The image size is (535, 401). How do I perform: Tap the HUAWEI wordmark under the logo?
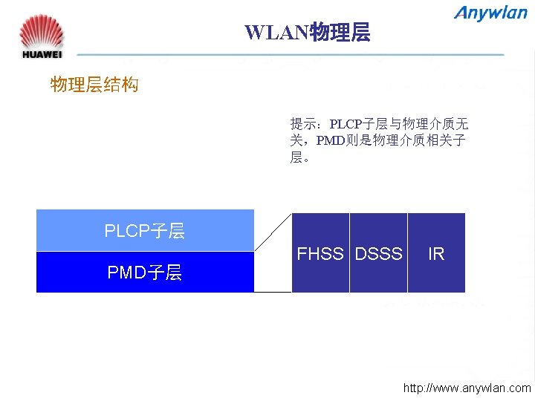point(42,54)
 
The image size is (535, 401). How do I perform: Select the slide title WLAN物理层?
point(307,33)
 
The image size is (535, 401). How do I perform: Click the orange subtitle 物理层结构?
point(94,85)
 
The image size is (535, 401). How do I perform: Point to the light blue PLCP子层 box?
point(145,230)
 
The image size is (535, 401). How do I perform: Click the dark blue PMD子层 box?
point(145,272)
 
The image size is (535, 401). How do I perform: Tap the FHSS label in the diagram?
point(320,254)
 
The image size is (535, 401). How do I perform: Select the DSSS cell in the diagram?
point(378,254)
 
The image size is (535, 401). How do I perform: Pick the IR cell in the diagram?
point(436,254)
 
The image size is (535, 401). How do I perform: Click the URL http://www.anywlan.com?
point(467,388)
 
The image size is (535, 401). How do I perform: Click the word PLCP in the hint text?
point(346,123)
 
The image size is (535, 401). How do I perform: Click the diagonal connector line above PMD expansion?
point(273,231)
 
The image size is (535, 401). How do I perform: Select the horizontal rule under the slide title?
point(290,54)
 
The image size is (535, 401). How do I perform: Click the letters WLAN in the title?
point(276,33)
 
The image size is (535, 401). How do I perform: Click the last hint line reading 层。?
point(300,157)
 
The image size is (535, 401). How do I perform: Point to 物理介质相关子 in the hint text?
point(419,140)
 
